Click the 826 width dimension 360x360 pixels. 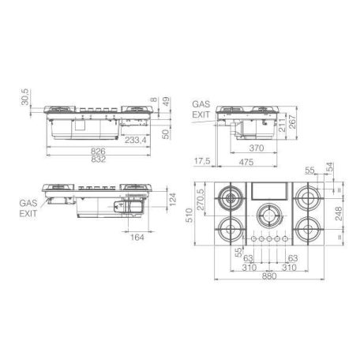98,151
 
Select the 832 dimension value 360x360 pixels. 99,159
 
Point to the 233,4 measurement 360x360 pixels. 135,140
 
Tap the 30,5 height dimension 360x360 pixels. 25,97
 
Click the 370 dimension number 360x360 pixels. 257,148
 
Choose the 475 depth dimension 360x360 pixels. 246,162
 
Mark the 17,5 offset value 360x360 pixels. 202,161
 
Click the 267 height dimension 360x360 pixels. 292,122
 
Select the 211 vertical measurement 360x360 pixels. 282,126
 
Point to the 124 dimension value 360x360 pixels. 172,200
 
